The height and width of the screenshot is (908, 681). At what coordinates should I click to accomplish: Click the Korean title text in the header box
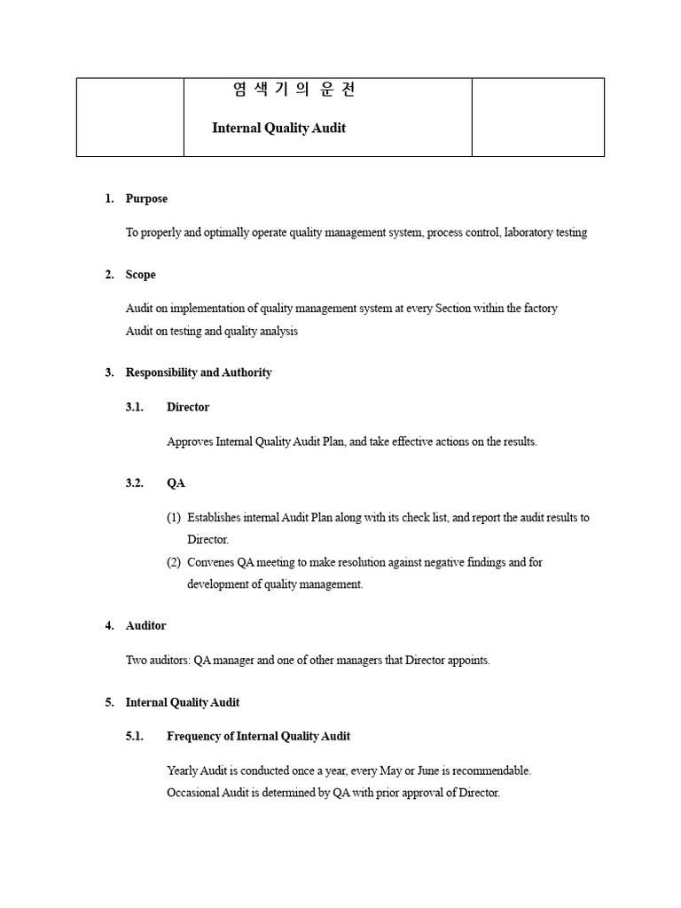click(294, 90)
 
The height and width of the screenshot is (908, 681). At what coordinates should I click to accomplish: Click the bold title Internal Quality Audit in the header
click(278, 128)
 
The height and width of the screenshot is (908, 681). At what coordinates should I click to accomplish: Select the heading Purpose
click(146, 199)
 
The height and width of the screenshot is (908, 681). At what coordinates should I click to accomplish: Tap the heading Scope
click(140, 275)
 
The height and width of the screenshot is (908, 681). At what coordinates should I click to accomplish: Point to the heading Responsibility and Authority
click(199, 372)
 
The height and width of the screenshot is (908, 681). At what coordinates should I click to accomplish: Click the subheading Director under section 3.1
click(188, 407)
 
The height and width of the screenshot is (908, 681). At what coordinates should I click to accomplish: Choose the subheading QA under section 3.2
click(176, 483)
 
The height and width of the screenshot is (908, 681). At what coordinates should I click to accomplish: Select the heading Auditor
click(145, 626)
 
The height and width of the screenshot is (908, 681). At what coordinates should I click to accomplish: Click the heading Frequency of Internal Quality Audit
click(258, 736)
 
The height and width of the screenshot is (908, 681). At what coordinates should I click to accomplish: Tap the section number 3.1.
click(135, 407)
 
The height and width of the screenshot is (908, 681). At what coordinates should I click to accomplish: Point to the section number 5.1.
click(135, 736)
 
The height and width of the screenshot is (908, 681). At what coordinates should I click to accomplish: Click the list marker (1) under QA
click(174, 518)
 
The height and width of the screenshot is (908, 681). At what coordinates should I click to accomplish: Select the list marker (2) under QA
click(174, 562)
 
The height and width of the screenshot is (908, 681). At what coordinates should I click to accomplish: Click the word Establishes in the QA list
click(215, 518)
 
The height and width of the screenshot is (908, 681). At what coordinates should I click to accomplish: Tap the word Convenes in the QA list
click(210, 562)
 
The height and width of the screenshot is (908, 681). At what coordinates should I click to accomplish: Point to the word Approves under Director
click(190, 442)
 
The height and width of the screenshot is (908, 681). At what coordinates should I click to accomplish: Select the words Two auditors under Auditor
click(159, 661)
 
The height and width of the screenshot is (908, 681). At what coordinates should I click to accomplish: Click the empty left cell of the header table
click(130, 117)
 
